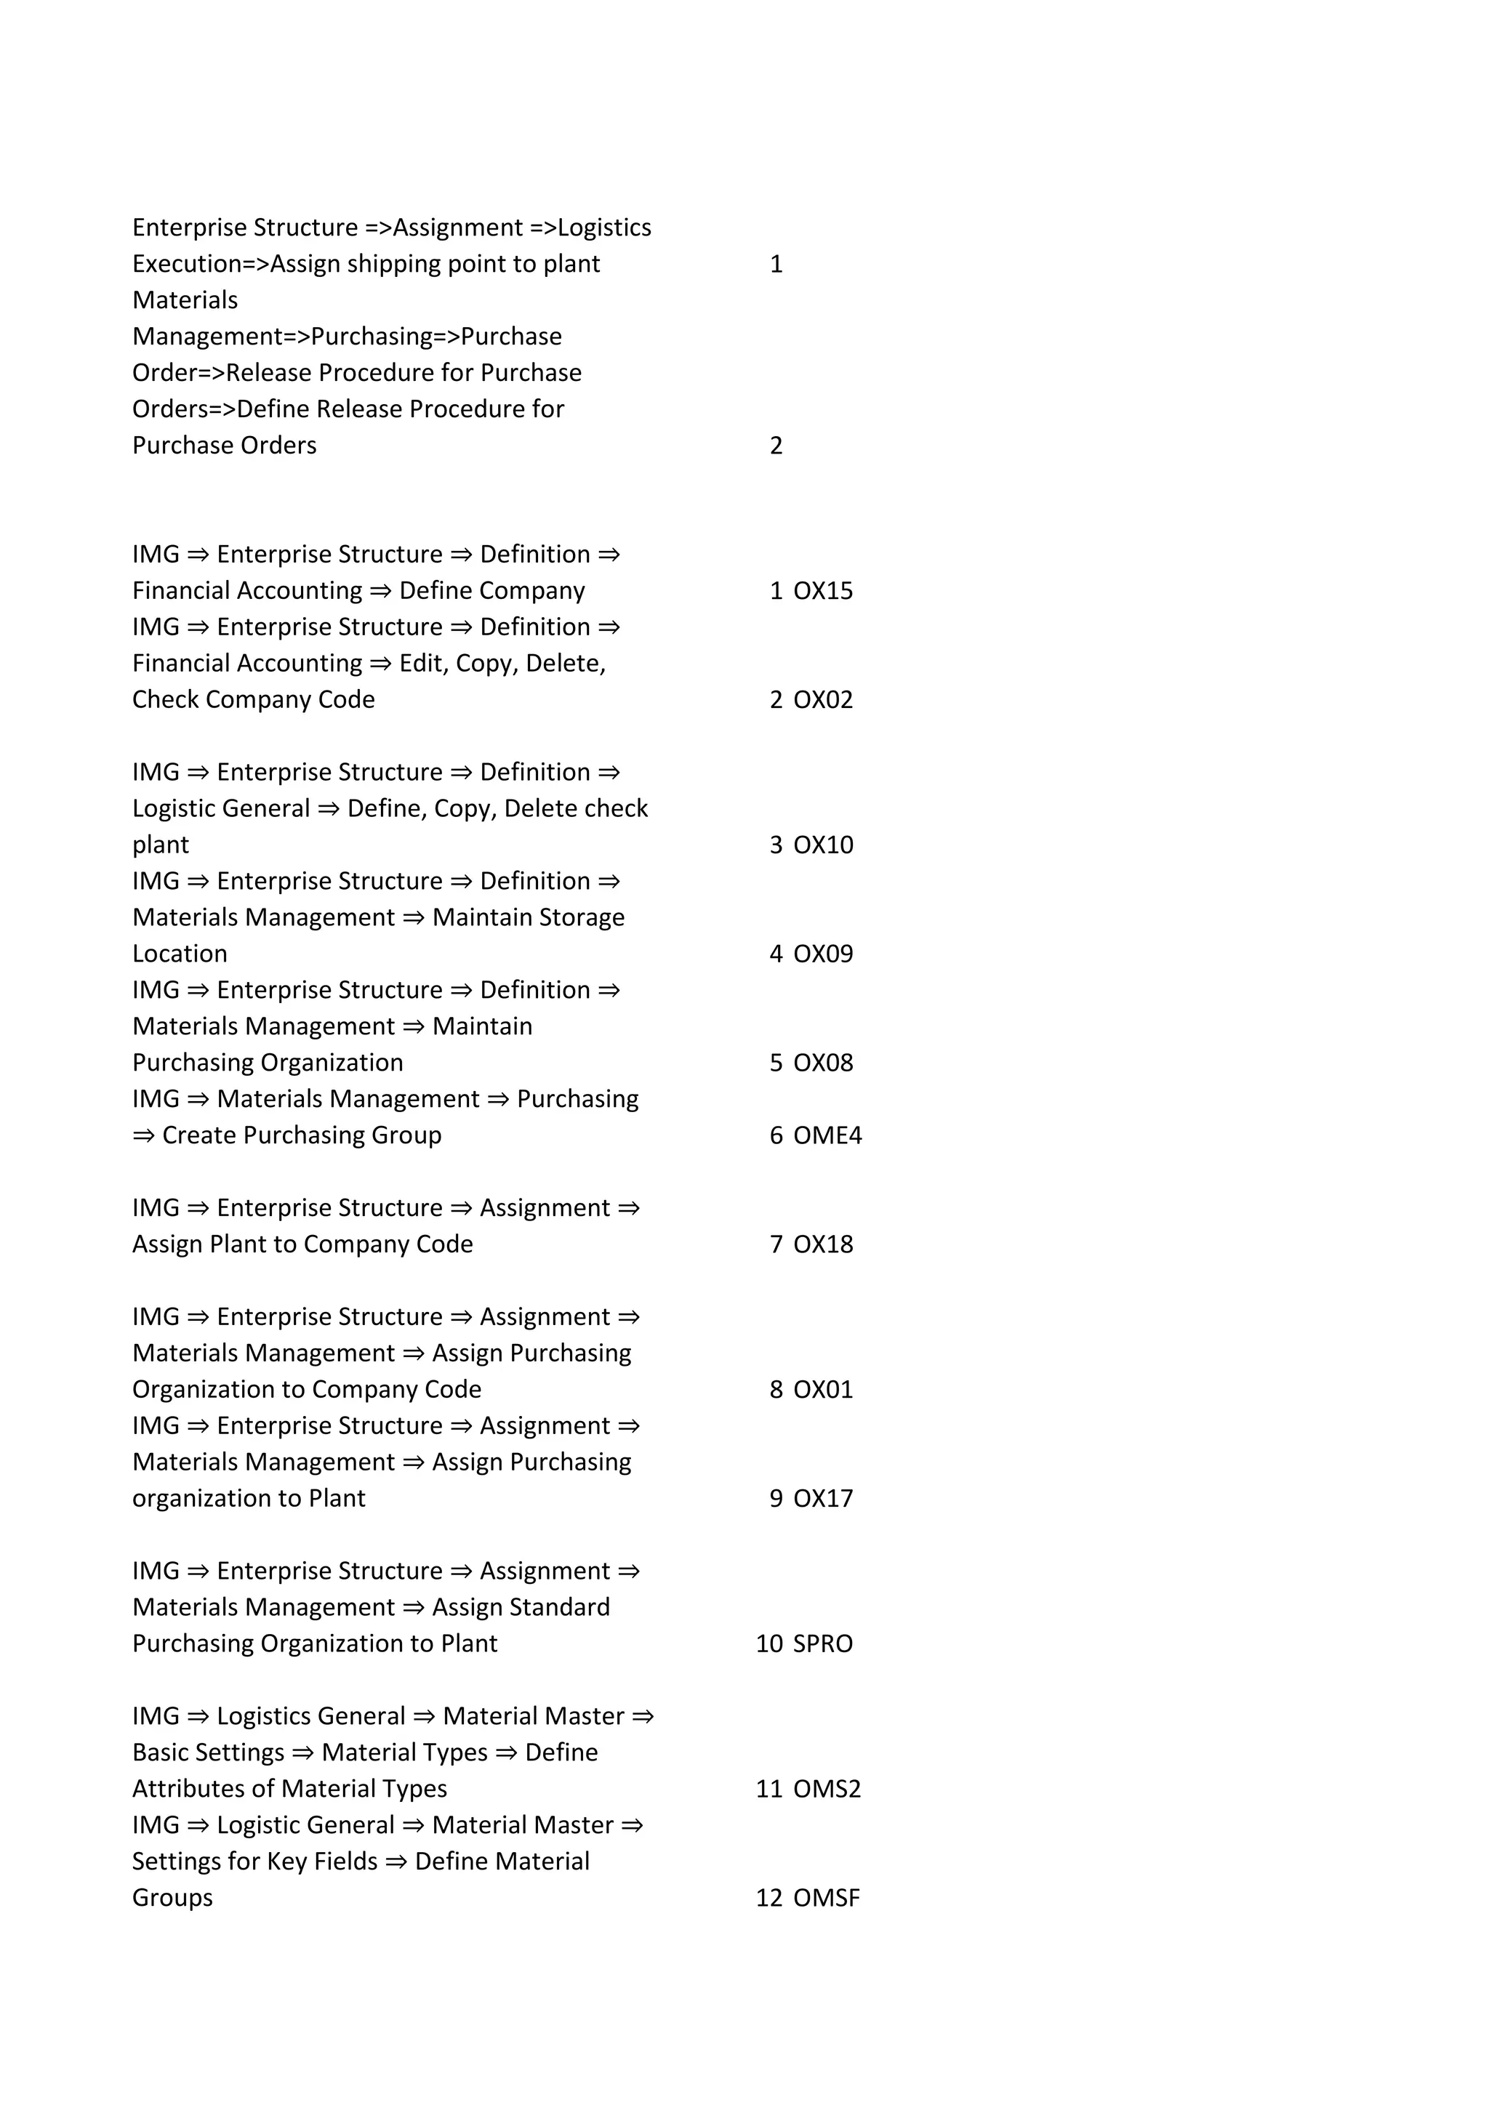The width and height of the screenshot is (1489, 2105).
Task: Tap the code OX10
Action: tap(822, 845)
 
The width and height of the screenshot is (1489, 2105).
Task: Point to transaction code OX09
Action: tap(822, 954)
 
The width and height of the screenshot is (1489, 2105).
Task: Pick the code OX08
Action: tap(822, 1063)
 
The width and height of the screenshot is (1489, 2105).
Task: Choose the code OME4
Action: tap(827, 1135)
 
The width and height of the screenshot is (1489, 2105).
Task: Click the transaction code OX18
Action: tap(822, 1244)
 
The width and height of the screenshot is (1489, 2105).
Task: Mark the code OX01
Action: tap(822, 1389)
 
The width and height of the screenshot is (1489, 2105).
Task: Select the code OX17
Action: tap(822, 1498)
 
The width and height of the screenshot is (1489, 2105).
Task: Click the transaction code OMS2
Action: tap(826, 1789)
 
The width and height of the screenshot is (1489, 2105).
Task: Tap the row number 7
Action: tap(776, 1244)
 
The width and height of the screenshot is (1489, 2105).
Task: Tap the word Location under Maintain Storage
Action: tap(180, 954)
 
